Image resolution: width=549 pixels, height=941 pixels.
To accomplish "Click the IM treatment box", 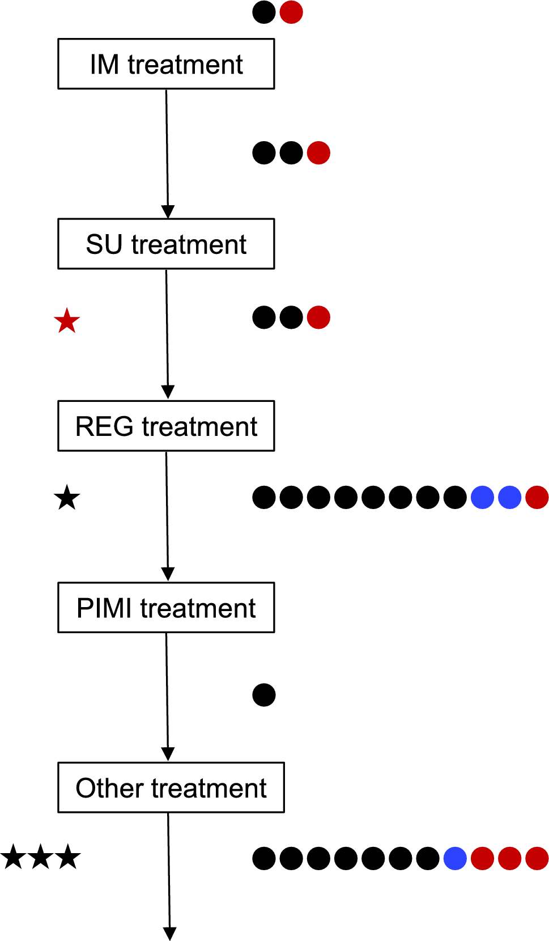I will [x=166, y=64].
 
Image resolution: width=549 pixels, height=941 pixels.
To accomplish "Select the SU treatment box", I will [x=166, y=244].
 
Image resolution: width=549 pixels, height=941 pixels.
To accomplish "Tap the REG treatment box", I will [x=166, y=426].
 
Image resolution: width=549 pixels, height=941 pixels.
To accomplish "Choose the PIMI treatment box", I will [x=166, y=607].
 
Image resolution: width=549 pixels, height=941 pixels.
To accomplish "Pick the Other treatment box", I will [x=171, y=787].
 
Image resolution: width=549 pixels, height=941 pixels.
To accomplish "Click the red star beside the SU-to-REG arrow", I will [x=67, y=321].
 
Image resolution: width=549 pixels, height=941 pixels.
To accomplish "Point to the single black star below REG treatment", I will [x=67, y=498].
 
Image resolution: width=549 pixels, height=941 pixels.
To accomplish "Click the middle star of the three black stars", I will [x=41, y=857].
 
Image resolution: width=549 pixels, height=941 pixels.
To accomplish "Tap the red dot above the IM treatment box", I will [x=291, y=12].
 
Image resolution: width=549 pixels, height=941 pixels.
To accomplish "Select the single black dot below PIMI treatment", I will [x=264, y=695].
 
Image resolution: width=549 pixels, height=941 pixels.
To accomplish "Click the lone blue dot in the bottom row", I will [x=455, y=858].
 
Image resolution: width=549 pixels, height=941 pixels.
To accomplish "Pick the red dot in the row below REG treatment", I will [x=537, y=497].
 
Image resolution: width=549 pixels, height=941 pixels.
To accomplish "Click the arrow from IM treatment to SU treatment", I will [x=167, y=153].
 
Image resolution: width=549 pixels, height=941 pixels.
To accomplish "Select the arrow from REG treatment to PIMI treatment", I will [x=167, y=516].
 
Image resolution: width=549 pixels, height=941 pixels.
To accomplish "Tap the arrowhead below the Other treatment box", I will [x=169, y=933].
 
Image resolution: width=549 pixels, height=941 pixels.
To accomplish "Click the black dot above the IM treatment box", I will [x=264, y=12].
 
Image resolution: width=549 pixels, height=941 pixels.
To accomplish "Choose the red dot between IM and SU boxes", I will [x=318, y=152].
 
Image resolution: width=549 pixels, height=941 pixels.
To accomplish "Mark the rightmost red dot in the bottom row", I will [x=537, y=858].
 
